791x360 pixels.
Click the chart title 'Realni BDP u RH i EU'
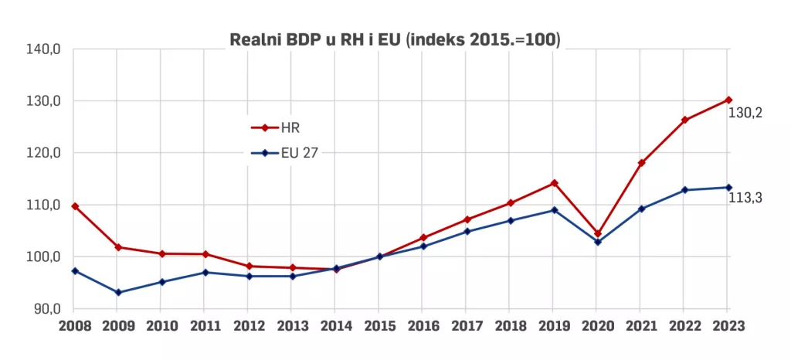tap(395, 40)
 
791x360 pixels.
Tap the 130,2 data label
tap(745, 113)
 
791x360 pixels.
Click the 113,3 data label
tap(745, 198)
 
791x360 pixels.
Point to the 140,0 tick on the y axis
tap(44, 49)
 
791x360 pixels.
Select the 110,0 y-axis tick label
tap(44, 205)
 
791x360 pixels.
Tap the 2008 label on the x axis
tap(74, 326)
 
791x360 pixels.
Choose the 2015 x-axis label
tap(379, 326)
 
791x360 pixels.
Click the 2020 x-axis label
tap(597, 326)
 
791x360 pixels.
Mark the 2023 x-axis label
tap(728, 326)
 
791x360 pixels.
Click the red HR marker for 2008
tap(75, 206)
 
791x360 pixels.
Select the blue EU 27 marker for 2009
tap(118, 293)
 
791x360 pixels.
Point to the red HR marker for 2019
tap(554, 183)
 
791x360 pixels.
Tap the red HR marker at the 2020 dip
tap(597, 233)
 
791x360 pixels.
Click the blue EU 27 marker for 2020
tap(597, 242)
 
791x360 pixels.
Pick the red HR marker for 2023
tap(728, 100)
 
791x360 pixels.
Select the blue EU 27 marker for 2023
tap(728, 187)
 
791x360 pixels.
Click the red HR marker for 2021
tap(641, 163)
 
